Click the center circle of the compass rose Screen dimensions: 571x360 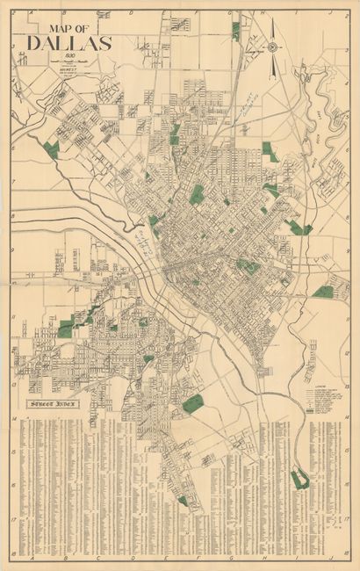[272, 47]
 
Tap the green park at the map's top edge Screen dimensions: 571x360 [235, 31]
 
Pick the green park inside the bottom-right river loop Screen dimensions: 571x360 [300, 479]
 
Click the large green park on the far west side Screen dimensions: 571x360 [51, 150]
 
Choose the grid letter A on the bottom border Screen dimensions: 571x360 [32, 559]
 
